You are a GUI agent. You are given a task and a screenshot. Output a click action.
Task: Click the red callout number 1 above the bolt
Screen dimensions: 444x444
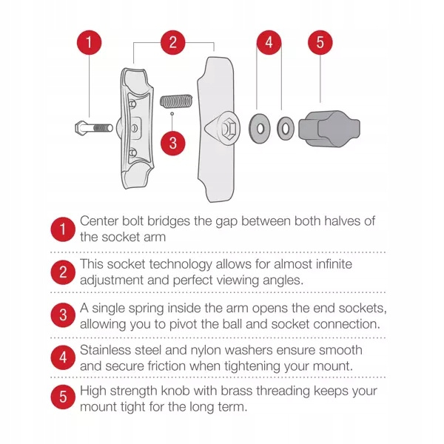[90, 42]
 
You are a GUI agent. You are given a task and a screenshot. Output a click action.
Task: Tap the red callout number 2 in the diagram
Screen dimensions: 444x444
[172, 42]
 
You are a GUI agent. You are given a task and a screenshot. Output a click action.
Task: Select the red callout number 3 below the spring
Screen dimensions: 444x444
[172, 143]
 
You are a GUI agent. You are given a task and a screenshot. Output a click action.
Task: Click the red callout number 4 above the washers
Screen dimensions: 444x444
[269, 42]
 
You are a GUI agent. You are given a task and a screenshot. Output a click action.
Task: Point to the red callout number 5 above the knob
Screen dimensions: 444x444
[320, 42]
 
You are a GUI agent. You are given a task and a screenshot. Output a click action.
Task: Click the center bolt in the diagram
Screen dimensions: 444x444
[94, 128]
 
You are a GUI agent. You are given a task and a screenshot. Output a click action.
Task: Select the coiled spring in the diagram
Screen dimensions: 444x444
[176, 101]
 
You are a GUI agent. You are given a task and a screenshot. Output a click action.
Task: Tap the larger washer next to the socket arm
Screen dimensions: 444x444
[260, 129]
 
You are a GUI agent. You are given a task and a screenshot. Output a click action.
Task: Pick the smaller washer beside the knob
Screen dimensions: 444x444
[286, 129]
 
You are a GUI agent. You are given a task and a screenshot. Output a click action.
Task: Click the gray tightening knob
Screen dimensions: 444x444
[329, 129]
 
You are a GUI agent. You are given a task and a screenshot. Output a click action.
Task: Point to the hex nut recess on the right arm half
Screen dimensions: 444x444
[228, 129]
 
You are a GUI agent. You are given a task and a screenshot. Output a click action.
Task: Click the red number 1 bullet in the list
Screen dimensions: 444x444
[63, 229]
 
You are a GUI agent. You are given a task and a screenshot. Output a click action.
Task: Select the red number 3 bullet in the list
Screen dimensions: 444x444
[63, 315]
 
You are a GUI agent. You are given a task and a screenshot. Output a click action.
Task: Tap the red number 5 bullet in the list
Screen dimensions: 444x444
[63, 397]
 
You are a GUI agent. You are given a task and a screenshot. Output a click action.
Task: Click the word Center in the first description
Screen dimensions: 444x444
[99, 221]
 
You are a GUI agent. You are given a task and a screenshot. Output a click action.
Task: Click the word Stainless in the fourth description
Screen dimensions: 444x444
[105, 350]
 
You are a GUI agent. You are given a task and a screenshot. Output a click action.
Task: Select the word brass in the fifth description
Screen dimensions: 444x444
[237, 391]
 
